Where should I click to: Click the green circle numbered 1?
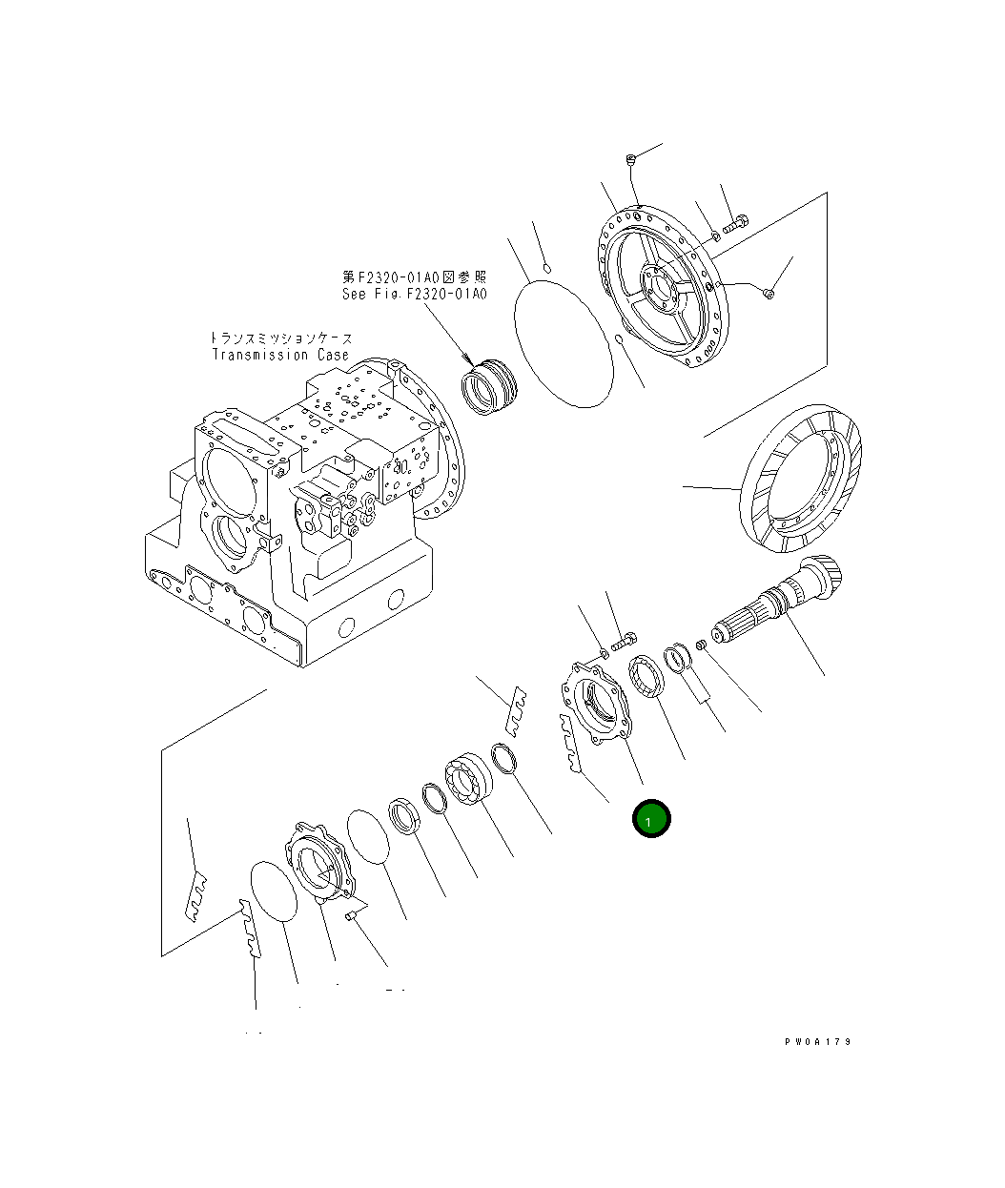pos(652,818)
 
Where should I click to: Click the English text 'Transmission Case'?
pos(280,355)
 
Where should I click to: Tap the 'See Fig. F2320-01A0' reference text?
pos(415,294)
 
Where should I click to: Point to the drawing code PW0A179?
pos(818,1042)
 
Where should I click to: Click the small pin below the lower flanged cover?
pos(350,916)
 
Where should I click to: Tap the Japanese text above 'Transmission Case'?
pos(280,338)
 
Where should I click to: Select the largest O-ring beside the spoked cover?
pos(563,342)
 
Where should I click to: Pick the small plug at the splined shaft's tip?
pos(701,645)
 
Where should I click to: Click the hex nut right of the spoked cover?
pos(770,294)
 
